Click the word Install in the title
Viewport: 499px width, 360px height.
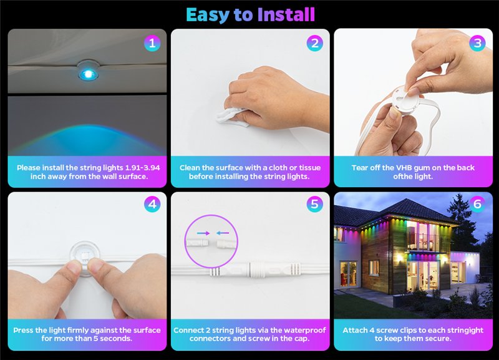pyautogui.click(x=286, y=15)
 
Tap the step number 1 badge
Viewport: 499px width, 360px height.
pyautogui.click(x=152, y=43)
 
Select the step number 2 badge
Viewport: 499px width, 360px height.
pyautogui.click(x=315, y=43)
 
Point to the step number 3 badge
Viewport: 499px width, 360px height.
pyautogui.click(x=477, y=43)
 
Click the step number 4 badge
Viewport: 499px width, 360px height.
pyautogui.click(x=152, y=204)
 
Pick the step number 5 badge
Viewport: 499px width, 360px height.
pyautogui.click(x=315, y=204)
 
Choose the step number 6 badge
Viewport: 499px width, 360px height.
pyautogui.click(x=477, y=204)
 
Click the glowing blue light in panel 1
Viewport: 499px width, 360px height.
pyautogui.click(x=88, y=74)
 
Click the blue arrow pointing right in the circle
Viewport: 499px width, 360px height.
pyautogui.click(x=203, y=233)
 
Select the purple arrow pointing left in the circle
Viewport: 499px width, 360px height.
pyautogui.click(x=223, y=233)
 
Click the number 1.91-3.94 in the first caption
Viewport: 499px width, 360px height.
pyautogui.click(x=143, y=168)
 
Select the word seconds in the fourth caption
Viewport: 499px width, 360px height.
pyautogui.click(x=116, y=338)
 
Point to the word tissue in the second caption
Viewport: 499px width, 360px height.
pyautogui.click(x=309, y=168)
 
